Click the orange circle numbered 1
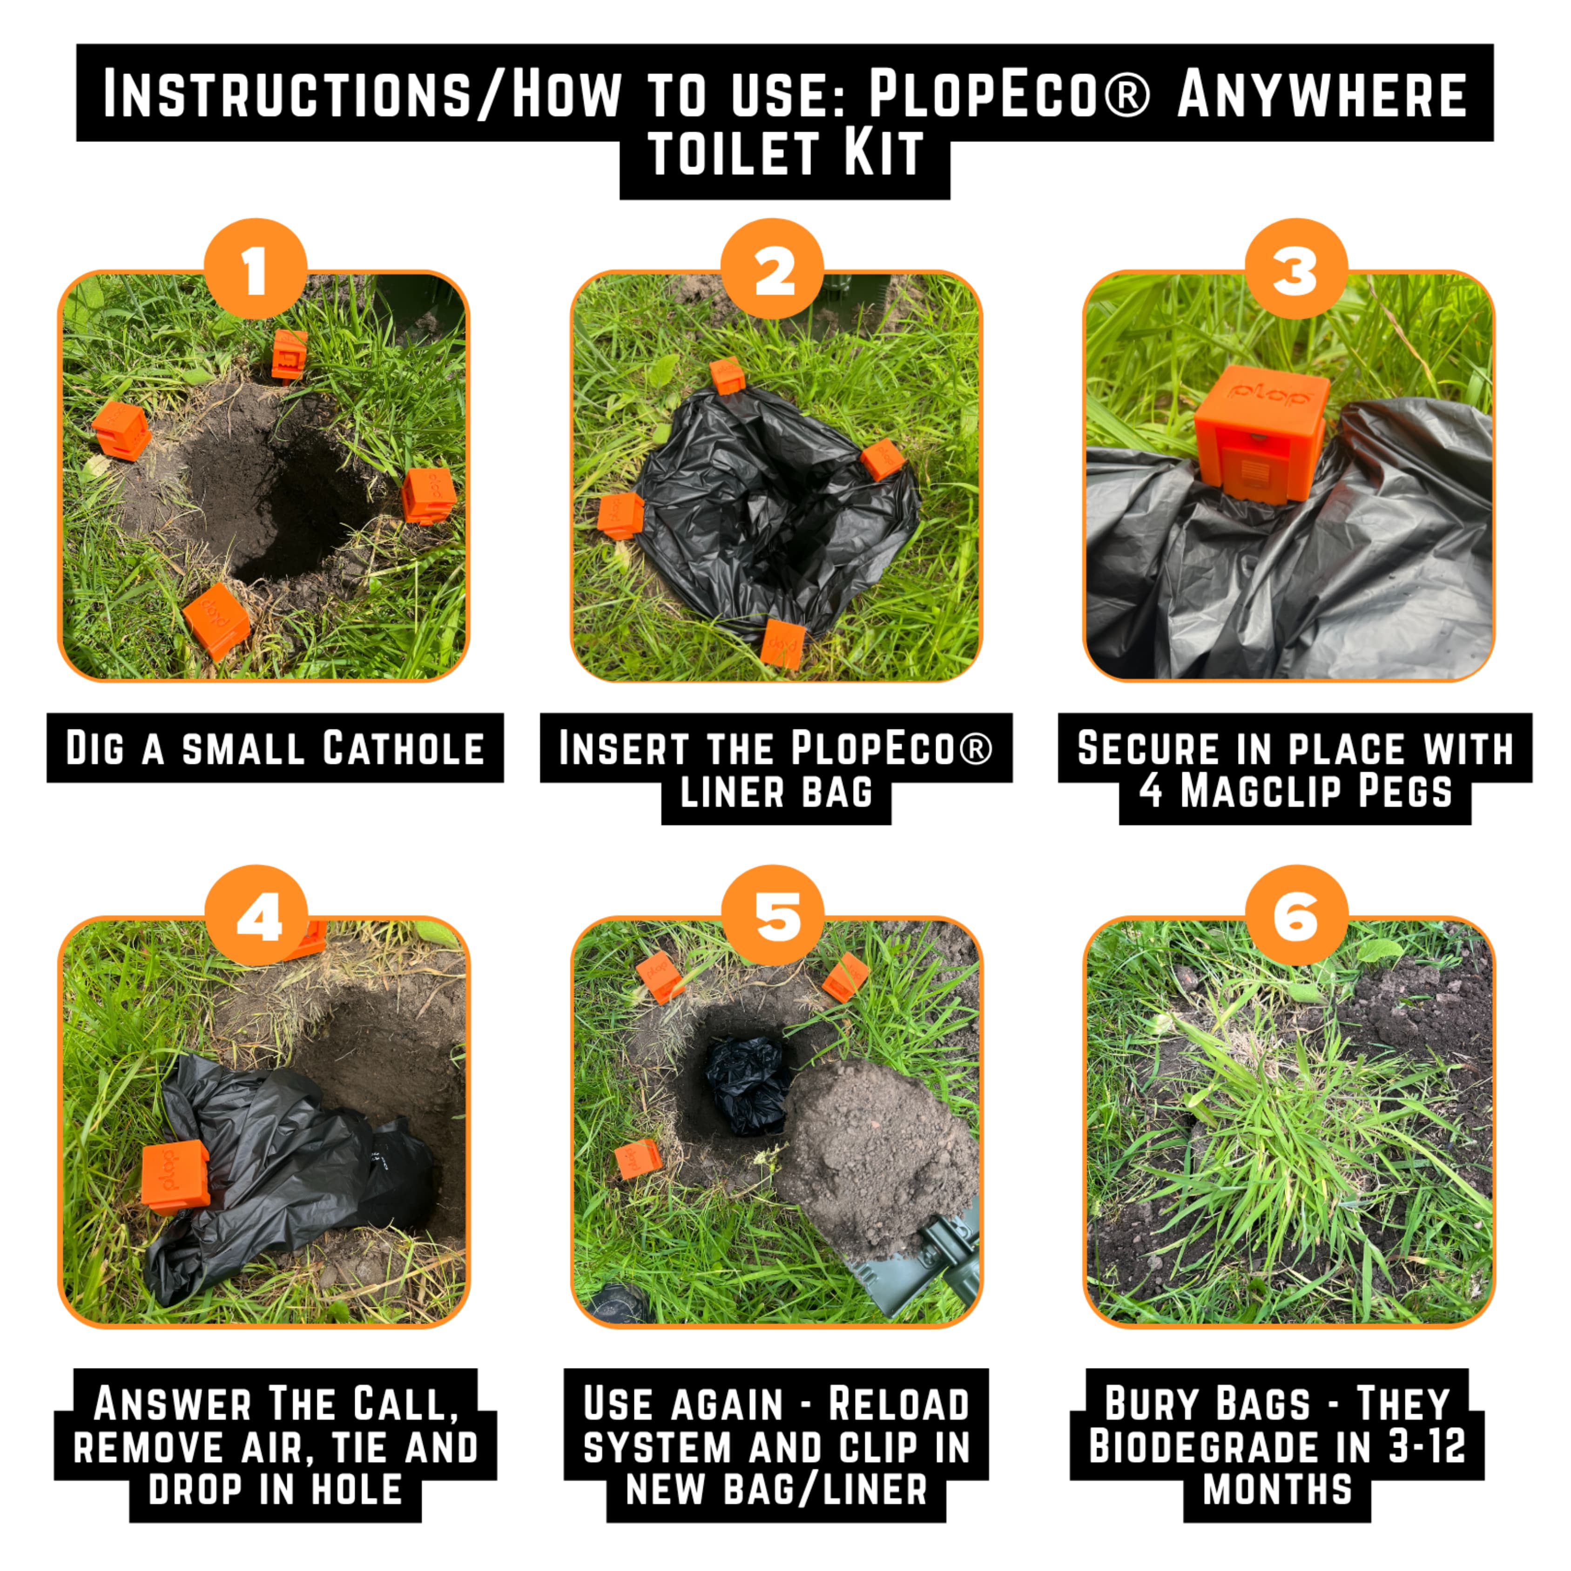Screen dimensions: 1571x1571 [256, 269]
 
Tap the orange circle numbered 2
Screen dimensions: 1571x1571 [773, 269]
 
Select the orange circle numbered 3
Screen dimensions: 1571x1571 [1296, 269]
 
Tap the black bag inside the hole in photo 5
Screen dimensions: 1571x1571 [748, 1084]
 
